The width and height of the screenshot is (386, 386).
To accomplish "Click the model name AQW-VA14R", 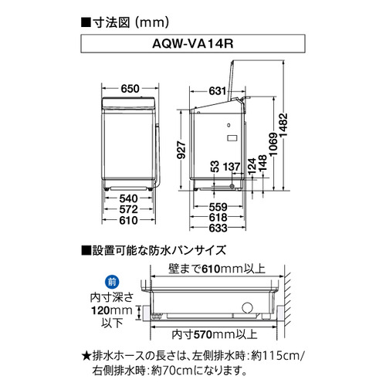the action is click(x=193, y=43).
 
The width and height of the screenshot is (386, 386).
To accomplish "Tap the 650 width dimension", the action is click(x=130, y=89).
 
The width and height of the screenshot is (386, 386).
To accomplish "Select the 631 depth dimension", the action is click(x=218, y=91).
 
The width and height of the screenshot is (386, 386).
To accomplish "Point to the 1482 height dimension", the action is click(x=283, y=126).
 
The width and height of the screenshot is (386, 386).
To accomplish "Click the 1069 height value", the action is click(x=273, y=144).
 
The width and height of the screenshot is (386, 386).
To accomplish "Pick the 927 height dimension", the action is click(x=181, y=150).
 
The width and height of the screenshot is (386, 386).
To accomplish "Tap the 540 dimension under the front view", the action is click(x=128, y=198).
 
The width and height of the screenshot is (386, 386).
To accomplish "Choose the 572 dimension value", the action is click(x=128, y=209).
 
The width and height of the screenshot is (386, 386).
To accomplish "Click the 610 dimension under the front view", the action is click(x=128, y=221).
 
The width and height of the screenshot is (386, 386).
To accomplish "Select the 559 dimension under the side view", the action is click(x=218, y=207).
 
